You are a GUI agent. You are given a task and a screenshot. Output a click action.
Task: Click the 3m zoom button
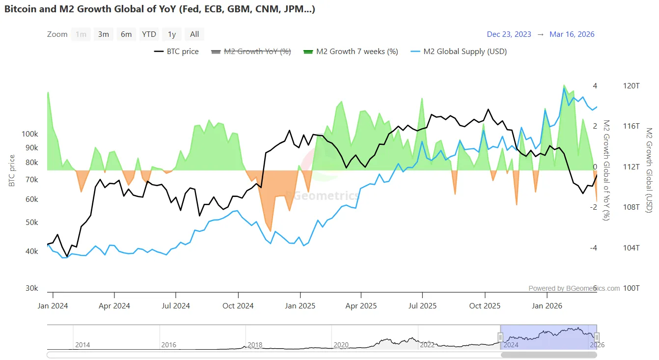click(103, 34)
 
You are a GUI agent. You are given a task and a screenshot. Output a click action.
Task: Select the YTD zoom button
click(149, 34)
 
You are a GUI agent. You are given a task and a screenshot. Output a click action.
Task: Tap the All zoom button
click(194, 34)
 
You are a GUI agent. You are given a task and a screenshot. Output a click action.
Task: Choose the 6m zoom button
click(126, 34)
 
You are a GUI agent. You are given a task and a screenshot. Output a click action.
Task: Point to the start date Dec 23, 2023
click(509, 34)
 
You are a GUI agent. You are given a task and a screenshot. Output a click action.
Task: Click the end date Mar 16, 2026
click(572, 34)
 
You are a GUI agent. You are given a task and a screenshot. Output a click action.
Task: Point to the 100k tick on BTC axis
click(30, 134)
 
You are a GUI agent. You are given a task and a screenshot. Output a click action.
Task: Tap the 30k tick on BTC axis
click(32, 288)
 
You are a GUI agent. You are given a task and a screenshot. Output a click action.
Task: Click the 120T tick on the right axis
click(632, 86)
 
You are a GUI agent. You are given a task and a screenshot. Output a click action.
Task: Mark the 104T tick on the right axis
click(632, 248)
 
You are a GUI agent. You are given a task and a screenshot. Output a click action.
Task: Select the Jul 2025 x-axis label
click(422, 306)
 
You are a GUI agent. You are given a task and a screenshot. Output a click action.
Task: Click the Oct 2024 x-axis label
click(238, 306)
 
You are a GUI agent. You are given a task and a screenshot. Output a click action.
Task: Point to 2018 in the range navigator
click(255, 345)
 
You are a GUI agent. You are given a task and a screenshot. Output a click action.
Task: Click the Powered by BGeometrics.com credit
click(574, 289)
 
